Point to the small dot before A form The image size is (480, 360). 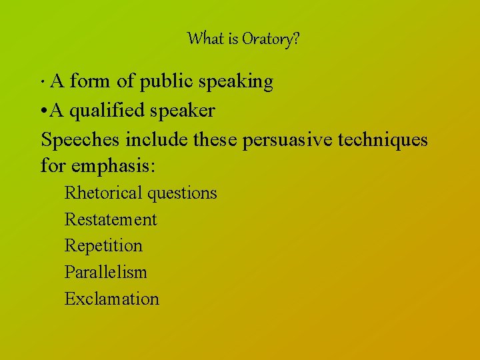43,83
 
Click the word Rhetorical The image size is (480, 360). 103,193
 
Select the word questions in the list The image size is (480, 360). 182,194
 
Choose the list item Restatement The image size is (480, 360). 111,219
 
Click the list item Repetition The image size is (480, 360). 103,246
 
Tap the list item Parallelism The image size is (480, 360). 105,272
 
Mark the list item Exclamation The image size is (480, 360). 112,299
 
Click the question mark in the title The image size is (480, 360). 295,39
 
